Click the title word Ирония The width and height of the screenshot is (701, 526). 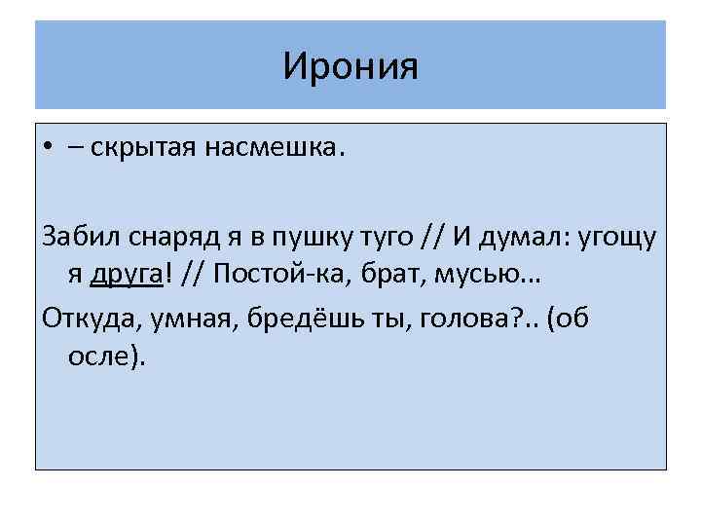pyautogui.click(x=350, y=67)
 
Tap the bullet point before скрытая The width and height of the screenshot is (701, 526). pyautogui.click(x=48, y=148)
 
